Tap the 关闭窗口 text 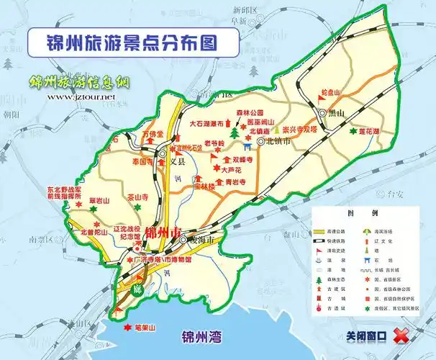[x=366, y=336]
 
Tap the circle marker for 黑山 [x=322, y=113]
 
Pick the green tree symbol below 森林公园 [x=234, y=133]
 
